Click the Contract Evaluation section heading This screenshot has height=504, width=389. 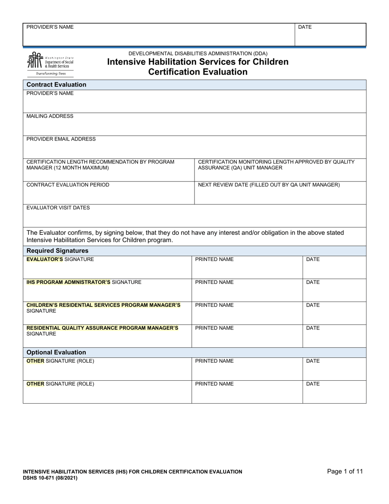[x=57, y=85]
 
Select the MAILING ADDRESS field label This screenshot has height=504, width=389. [x=50, y=116]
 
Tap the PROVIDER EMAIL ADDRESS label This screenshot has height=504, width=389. [x=61, y=139]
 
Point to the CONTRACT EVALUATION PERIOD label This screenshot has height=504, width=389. [x=68, y=185]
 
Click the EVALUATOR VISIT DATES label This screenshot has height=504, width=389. [x=58, y=208]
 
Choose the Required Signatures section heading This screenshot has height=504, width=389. [x=57, y=251]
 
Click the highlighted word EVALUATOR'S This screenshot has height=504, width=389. [x=45, y=259]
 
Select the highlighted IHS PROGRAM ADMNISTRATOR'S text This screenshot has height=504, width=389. [x=68, y=282]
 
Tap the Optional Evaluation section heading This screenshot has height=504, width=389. [x=56, y=352]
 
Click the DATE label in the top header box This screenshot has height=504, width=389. [x=305, y=27]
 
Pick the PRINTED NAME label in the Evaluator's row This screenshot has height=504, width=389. [x=215, y=259]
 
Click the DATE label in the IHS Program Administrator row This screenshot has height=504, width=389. [x=313, y=282]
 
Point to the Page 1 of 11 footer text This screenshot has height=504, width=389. [x=345, y=471]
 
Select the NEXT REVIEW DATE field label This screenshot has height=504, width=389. [x=269, y=185]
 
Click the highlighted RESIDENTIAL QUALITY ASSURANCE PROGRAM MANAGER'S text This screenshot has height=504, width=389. [x=102, y=328]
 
